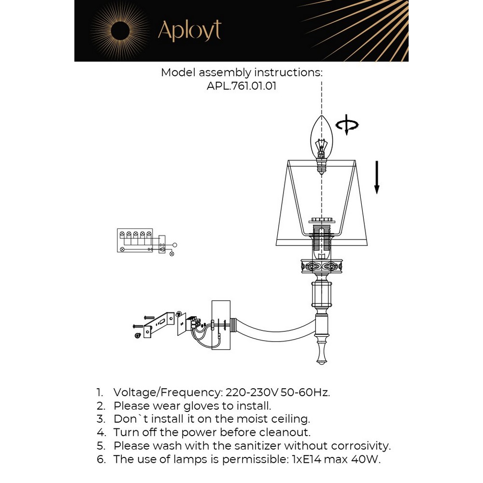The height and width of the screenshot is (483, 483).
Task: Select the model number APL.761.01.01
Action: coord(241,85)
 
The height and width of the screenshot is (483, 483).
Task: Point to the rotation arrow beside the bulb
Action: coord(347,125)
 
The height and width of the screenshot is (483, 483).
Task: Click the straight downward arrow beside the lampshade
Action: coord(376,177)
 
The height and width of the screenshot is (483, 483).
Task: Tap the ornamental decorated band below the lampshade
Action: coord(322,266)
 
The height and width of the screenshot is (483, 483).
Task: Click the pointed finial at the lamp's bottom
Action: coord(322,354)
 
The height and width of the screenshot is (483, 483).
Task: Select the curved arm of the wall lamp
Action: coord(274,331)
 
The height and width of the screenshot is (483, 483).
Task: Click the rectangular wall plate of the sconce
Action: coord(221,325)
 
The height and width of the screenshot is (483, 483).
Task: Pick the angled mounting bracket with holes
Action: coord(158,325)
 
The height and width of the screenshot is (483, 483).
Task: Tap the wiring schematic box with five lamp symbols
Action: coord(135,241)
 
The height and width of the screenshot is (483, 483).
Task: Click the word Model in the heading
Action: coord(178,73)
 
